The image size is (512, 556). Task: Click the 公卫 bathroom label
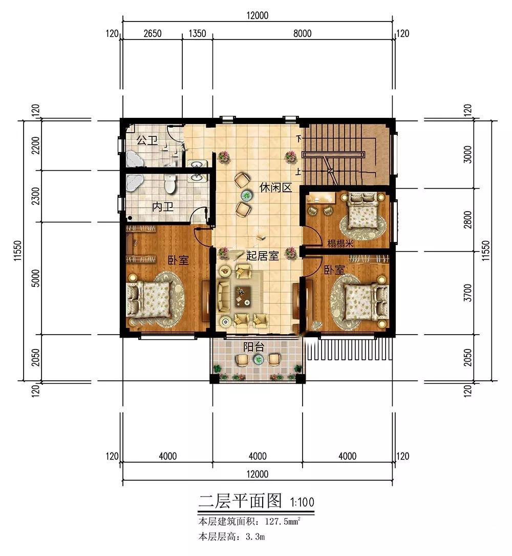147,140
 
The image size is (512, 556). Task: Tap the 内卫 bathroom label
163,207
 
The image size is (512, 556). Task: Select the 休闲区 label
275,187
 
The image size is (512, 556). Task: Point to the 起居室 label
262,256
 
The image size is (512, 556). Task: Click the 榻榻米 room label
340,243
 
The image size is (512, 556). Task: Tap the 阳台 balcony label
253,347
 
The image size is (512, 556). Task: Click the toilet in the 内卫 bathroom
170,184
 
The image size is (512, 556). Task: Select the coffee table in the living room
243,296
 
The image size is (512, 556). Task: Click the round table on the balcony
258,360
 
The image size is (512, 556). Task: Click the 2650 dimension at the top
153,34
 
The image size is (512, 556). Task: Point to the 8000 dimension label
302,34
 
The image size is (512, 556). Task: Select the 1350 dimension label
197,34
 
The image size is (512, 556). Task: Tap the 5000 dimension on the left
36,278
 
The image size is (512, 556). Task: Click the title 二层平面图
240,501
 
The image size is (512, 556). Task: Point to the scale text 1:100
302,502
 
